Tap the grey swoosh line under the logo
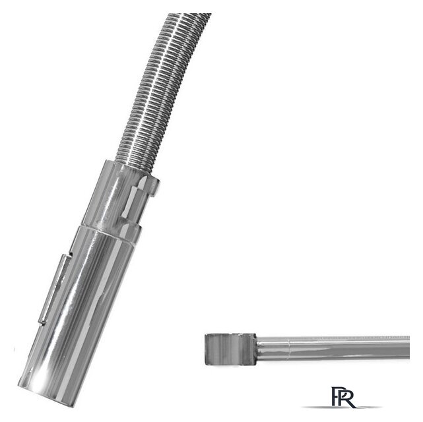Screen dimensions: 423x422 tap(341, 407)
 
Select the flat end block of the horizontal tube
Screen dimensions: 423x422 tap(230, 349)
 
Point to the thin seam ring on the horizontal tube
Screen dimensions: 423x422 tap(289, 349)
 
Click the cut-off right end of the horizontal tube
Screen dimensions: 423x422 tap(408, 347)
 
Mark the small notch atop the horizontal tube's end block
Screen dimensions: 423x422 tap(237, 335)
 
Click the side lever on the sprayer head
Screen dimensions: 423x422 tap(55, 288)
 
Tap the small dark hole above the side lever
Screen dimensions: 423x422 tap(71, 254)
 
